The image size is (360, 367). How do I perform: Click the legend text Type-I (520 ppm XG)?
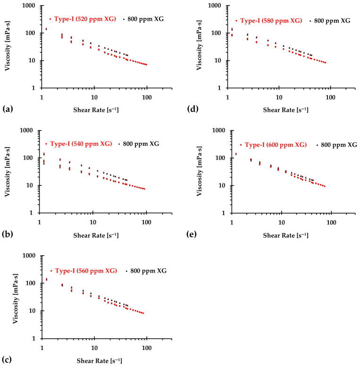[85, 19]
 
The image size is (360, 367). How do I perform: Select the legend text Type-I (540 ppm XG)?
[81, 144]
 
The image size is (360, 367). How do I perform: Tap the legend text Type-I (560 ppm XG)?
[86, 271]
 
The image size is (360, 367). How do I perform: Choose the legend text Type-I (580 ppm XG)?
[271, 21]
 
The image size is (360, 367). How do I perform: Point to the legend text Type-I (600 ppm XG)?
[276, 145]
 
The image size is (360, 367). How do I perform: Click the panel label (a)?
[7, 109]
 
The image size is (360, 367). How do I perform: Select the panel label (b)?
[7, 234]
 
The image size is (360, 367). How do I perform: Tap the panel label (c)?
[7, 359]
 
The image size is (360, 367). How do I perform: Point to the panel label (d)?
[193, 109]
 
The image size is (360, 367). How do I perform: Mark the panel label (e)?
[192, 234]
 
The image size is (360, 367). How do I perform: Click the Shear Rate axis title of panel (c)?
[99, 361]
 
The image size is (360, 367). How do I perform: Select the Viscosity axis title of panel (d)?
[199, 45]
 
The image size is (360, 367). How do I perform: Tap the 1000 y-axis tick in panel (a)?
[29, 5]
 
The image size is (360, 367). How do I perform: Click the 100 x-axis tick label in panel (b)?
[146, 222]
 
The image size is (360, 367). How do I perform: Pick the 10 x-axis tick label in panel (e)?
[282, 222]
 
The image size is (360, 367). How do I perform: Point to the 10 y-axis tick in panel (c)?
[31, 311]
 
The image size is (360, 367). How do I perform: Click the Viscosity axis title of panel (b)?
[8, 172]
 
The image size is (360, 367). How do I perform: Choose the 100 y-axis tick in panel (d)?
[216, 33]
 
